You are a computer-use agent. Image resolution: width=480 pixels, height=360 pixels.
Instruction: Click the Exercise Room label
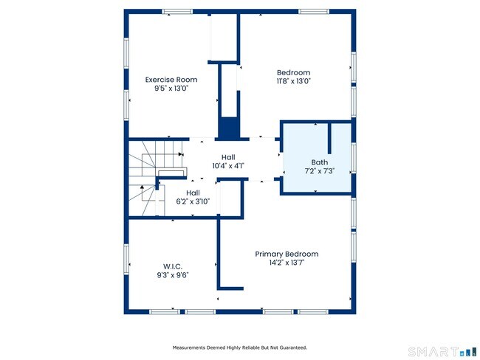pyautogui.click(x=171, y=80)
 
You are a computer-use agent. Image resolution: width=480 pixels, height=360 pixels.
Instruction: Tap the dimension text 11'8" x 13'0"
pyautogui.click(x=294, y=81)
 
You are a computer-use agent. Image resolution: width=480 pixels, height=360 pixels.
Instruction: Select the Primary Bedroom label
pyautogui.click(x=287, y=254)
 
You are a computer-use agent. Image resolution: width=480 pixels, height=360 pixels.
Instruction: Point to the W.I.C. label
pyautogui.click(x=173, y=266)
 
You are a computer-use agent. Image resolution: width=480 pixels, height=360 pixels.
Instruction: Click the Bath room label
pyautogui.click(x=320, y=162)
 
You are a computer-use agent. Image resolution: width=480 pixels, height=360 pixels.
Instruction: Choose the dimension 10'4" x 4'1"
pyautogui.click(x=228, y=166)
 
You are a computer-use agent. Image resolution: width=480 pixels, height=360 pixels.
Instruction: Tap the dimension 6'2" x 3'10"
pyautogui.click(x=193, y=201)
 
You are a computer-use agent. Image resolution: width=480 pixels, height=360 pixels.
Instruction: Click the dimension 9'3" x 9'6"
pyautogui.click(x=173, y=275)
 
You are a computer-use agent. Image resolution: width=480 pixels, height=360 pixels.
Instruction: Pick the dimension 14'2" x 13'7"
pyautogui.click(x=287, y=263)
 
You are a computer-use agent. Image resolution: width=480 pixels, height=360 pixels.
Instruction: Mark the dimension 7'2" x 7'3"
pyautogui.click(x=320, y=170)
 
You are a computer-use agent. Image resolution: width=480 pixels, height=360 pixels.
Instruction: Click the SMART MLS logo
pyautogui.click(x=442, y=352)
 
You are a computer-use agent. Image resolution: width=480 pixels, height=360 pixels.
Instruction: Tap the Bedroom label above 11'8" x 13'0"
pyautogui.click(x=294, y=72)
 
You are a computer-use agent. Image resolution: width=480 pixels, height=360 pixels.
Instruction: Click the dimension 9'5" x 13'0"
pyautogui.click(x=171, y=88)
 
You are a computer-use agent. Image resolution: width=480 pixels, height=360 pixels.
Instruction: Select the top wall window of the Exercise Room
pyautogui.click(x=177, y=12)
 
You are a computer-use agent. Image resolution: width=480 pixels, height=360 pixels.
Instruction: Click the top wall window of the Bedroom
pyautogui.click(x=314, y=12)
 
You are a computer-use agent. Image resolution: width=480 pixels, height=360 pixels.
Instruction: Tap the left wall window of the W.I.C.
pyautogui.click(x=126, y=260)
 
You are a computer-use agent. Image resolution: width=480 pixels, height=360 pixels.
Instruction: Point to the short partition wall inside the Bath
pyautogui.click(x=329, y=138)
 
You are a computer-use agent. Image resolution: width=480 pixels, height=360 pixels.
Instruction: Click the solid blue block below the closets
pyautogui.click(x=228, y=128)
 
